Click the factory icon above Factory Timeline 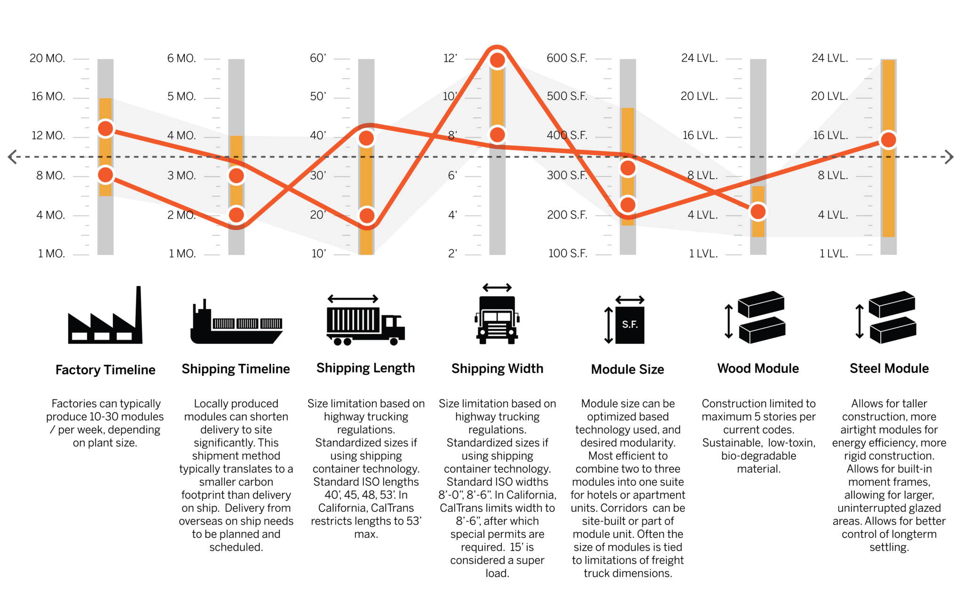105,317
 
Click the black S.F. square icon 630,325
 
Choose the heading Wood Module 758,368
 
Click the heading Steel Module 889,368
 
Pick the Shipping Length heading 365,368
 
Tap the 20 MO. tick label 47,58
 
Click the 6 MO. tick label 182,58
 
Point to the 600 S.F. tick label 567,58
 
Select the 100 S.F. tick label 568,254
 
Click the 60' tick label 318,58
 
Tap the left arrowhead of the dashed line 13,157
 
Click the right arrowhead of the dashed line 949,157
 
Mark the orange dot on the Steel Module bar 888,140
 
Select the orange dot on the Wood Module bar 758,212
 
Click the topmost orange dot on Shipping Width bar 497,60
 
